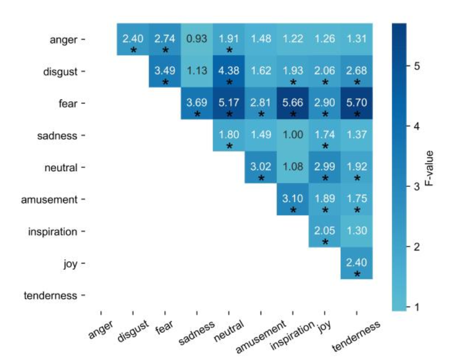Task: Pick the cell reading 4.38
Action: (229, 71)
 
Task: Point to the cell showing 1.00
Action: (293, 135)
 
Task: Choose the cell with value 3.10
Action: (293, 199)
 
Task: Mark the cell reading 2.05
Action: (325, 231)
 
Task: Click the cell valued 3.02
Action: (261, 167)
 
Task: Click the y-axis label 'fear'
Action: (68, 104)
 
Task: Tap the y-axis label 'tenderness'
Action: (51, 295)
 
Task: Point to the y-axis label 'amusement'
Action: (49, 199)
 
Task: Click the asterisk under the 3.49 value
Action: (165, 82)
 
